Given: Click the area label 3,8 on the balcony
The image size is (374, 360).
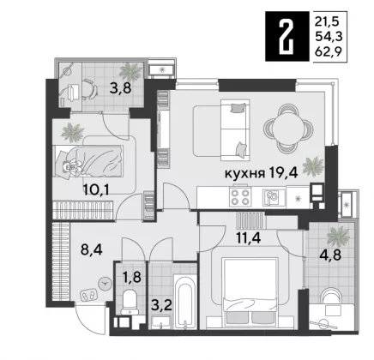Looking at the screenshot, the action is pyautogui.click(x=120, y=88).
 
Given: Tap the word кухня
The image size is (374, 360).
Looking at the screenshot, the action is pyautogui.click(x=244, y=173).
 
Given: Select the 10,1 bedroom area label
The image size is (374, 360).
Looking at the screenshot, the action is pyautogui.click(x=96, y=189).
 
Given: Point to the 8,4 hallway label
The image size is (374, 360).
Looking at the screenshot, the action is pyautogui.click(x=92, y=249).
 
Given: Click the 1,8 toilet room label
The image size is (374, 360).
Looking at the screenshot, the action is pyautogui.click(x=132, y=276).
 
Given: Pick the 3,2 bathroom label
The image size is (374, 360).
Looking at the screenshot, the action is pyautogui.click(x=162, y=306).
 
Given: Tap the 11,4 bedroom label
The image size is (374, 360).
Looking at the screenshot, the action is pyautogui.click(x=248, y=237).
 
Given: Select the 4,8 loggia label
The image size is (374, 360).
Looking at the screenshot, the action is pyautogui.click(x=330, y=255).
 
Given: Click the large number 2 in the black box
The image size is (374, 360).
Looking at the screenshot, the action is pyautogui.click(x=287, y=37).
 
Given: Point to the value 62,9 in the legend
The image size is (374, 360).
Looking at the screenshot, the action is pyautogui.click(x=329, y=52).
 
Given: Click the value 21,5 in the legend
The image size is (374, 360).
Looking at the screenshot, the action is pyautogui.click(x=327, y=21).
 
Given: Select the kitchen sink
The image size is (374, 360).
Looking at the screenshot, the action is pyautogui.click(x=272, y=197).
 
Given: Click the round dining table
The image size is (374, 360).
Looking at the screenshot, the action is pyautogui.click(x=288, y=128).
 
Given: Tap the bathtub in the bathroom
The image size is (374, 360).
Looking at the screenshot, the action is pyautogui.click(x=185, y=302).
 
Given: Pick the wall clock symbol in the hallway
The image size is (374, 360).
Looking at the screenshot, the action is pyautogui.click(x=104, y=284).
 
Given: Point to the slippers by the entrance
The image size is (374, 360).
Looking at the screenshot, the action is pyautogui.click(x=89, y=295).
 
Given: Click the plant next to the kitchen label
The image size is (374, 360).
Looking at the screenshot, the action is pyautogui.click(x=313, y=166).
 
